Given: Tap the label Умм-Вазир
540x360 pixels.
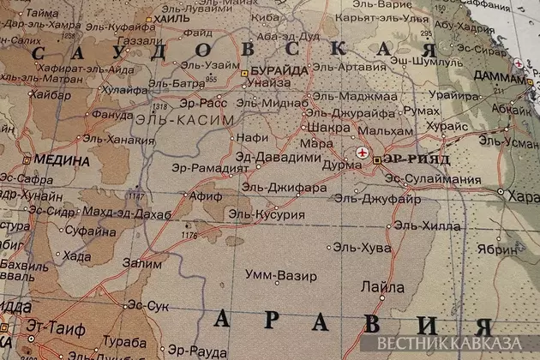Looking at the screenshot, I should (x=281, y=276).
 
